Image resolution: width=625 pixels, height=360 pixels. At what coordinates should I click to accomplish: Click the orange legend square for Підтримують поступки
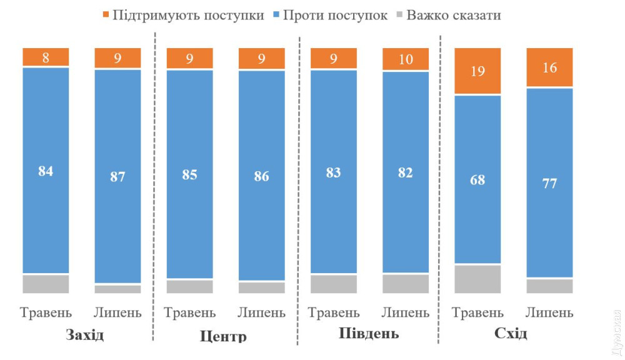(x=105, y=14)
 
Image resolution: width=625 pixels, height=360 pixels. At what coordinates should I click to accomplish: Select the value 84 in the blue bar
(x=46, y=171)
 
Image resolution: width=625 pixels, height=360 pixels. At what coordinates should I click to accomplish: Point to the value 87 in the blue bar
(x=117, y=177)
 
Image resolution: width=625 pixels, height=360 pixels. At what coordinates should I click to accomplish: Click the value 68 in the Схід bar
(x=477, y=180)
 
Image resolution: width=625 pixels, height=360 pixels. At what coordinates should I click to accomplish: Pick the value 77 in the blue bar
(x=550, y=184)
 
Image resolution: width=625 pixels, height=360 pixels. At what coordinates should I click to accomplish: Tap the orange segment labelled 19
(x=477, y=71)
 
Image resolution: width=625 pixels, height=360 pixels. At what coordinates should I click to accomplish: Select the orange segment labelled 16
(x=550, y=67)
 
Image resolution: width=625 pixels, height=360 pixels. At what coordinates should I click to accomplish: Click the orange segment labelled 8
(x=46, y=57)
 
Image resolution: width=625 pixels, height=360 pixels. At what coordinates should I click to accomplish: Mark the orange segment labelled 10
(x=406, y=59)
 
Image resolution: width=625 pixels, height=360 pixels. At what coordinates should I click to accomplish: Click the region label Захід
(x=84, y=334)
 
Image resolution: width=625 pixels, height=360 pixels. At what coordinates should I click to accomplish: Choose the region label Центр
(x=223, y=336)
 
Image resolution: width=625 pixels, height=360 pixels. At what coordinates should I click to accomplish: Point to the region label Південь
(x=369, y=333)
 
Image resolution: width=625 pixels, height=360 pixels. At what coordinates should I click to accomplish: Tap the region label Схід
(x=511, y=333)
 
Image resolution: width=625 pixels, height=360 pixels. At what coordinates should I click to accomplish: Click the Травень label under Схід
(x=477, y=312)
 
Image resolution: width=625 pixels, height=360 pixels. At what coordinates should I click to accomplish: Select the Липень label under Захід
(x=117, y=312)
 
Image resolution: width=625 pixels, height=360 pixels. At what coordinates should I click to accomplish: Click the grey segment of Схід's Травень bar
(x=477, y=279)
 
